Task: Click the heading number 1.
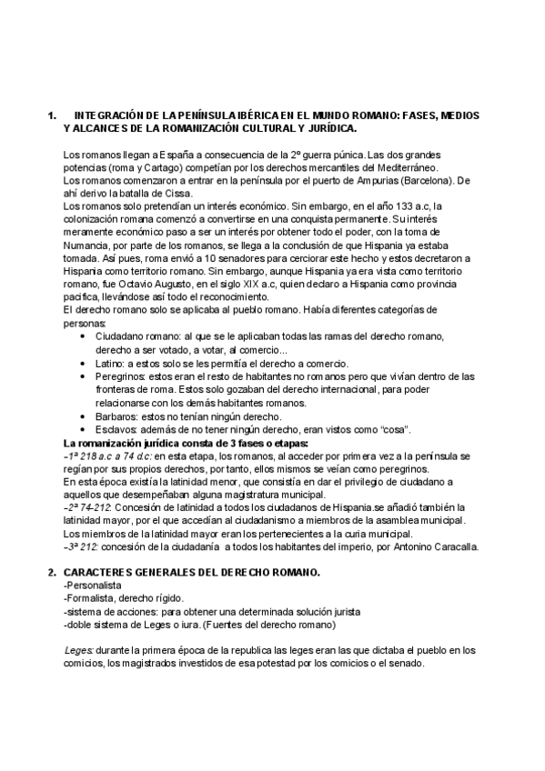pyautogui.click(x=51, y=116)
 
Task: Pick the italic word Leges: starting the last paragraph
pyautogui.click(x=80, y=650)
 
